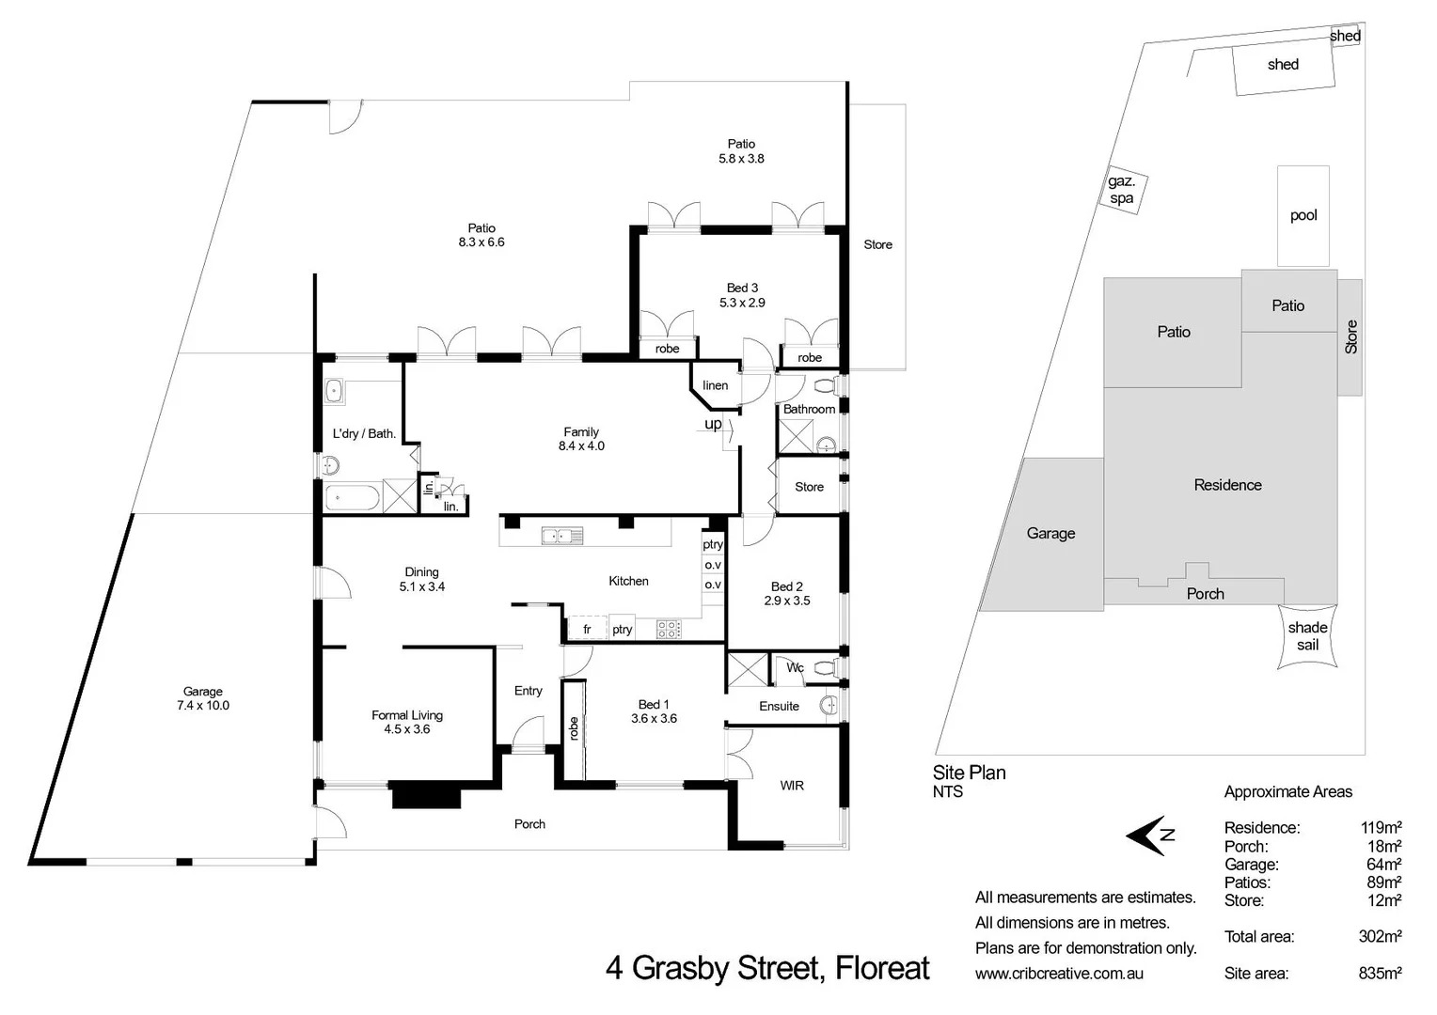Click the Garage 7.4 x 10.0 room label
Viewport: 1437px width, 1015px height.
(x=202, y=698)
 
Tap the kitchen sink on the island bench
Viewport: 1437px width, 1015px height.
(x=562, y=537)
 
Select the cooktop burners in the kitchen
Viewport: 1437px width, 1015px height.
(x=668, y=629)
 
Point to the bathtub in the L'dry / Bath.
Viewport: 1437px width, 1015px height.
(x=353, y=497)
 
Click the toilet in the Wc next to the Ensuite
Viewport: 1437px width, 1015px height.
(x=823, y=668)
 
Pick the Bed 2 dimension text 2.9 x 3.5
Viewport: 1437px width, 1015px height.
(x=786, y=601)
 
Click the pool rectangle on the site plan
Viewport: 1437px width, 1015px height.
(x=1303, y=215)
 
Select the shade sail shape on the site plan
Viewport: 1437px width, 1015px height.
(x=1307, y=636)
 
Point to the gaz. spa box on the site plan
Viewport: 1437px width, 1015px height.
(x=1121, y=190)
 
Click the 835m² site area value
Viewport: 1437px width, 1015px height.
(x=1380, y=973)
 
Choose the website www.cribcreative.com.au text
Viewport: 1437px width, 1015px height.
(x=1059, y=974)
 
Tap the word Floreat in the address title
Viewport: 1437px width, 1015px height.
(x=882, y=967)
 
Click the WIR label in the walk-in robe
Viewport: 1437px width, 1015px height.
(x=791, y=786)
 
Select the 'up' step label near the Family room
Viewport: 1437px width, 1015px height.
(x=714, y=424)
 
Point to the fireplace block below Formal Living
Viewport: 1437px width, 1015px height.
(x=426, y=795)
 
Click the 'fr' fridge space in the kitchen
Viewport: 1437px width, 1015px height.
(x=587, y=630)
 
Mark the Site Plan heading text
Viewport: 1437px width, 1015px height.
(x=969, y=773)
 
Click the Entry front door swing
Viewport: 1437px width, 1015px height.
(x=529, y=732)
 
